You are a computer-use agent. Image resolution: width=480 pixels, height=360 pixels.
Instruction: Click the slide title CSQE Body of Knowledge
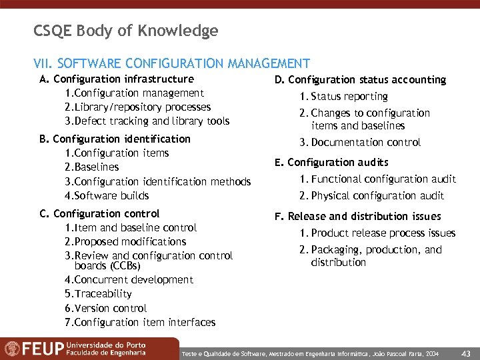[125, 31]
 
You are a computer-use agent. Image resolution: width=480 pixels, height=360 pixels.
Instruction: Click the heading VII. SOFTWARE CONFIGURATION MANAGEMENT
[171, 64]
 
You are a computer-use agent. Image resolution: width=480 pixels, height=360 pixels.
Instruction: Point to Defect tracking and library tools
[147, 121]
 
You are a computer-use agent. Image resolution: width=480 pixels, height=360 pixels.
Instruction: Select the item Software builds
[107, 196]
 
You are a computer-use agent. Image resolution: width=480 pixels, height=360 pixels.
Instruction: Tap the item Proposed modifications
[125, 242]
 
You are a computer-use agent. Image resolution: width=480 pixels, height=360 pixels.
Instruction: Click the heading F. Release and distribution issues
[357, 217]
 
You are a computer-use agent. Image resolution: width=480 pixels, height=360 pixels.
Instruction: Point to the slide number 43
[466, 353]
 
